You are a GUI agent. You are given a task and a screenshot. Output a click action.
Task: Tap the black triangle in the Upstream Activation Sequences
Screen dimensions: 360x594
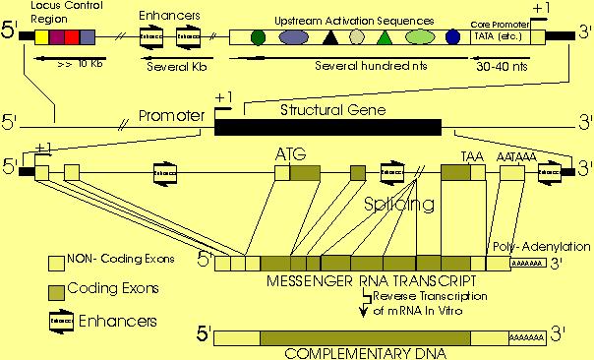point(331,38)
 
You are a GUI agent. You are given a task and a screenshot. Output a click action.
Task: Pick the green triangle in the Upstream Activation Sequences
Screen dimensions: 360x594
point(386,38)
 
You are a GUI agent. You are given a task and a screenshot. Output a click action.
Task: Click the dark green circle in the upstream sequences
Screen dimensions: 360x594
point(258,37)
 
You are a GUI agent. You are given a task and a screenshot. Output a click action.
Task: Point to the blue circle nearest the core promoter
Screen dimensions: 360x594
point(453,37)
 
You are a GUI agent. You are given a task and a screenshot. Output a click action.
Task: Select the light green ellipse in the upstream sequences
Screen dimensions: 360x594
point(420,37)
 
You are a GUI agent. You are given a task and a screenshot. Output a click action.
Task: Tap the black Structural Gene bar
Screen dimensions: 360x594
point(327,126)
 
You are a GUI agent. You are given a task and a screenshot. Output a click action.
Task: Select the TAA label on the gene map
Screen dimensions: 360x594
point(473,154)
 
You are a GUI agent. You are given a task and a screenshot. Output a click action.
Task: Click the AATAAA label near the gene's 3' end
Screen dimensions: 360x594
point(516,154)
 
